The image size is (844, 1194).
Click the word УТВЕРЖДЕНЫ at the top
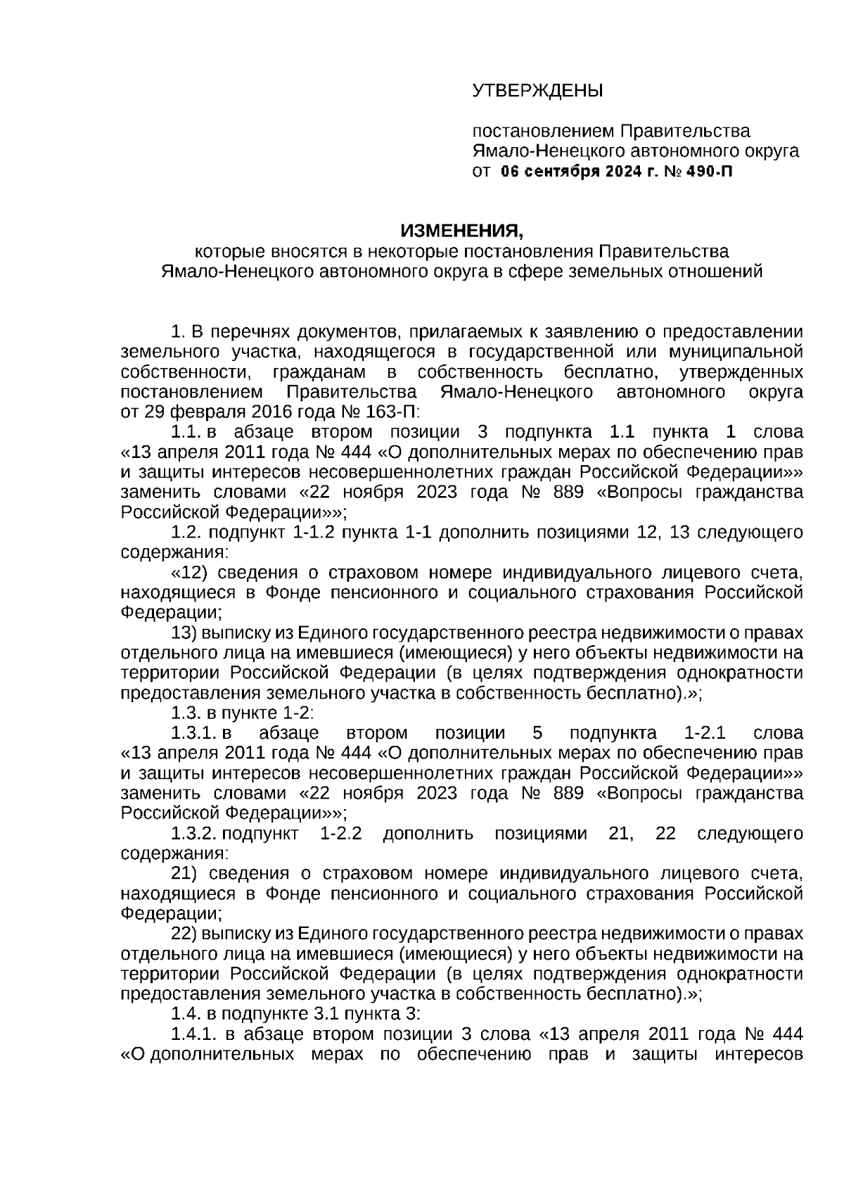click(537, 91)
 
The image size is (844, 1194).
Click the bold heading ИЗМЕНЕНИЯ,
click(462, 231)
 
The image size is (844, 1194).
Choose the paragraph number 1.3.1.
click(193, 733)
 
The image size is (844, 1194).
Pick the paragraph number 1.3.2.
click(193, 834)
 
